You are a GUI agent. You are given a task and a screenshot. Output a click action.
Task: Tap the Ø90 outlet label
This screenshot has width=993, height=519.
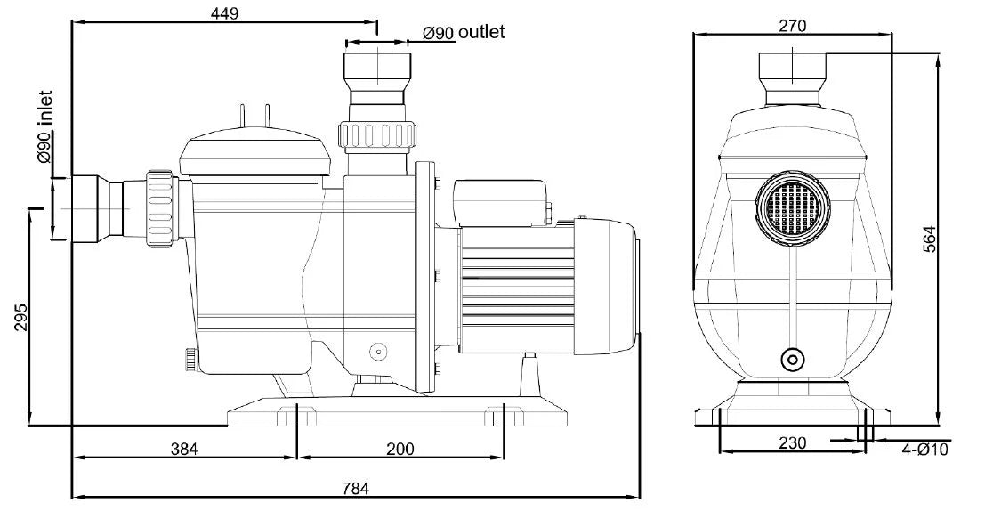click(464, 33)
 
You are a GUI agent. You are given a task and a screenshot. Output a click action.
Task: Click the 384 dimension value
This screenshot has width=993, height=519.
click(184, 449)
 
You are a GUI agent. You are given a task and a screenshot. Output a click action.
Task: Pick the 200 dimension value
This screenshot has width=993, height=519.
click(400, 449)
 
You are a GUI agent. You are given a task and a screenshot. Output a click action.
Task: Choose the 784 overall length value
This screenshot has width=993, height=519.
click(355, 488)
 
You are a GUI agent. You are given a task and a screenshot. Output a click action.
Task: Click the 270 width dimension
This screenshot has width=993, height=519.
click(792, 26)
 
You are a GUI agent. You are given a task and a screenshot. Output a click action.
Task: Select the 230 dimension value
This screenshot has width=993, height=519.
click(791, 442)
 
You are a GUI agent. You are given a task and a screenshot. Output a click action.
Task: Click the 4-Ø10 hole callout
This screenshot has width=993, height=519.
click(925, 450)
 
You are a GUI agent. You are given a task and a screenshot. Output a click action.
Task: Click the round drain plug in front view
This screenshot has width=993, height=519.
click(790, 360)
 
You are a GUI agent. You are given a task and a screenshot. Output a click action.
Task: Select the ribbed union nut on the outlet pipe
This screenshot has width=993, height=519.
click(377, 135)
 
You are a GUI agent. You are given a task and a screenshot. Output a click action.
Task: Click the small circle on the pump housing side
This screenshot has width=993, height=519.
click(377, 352)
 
